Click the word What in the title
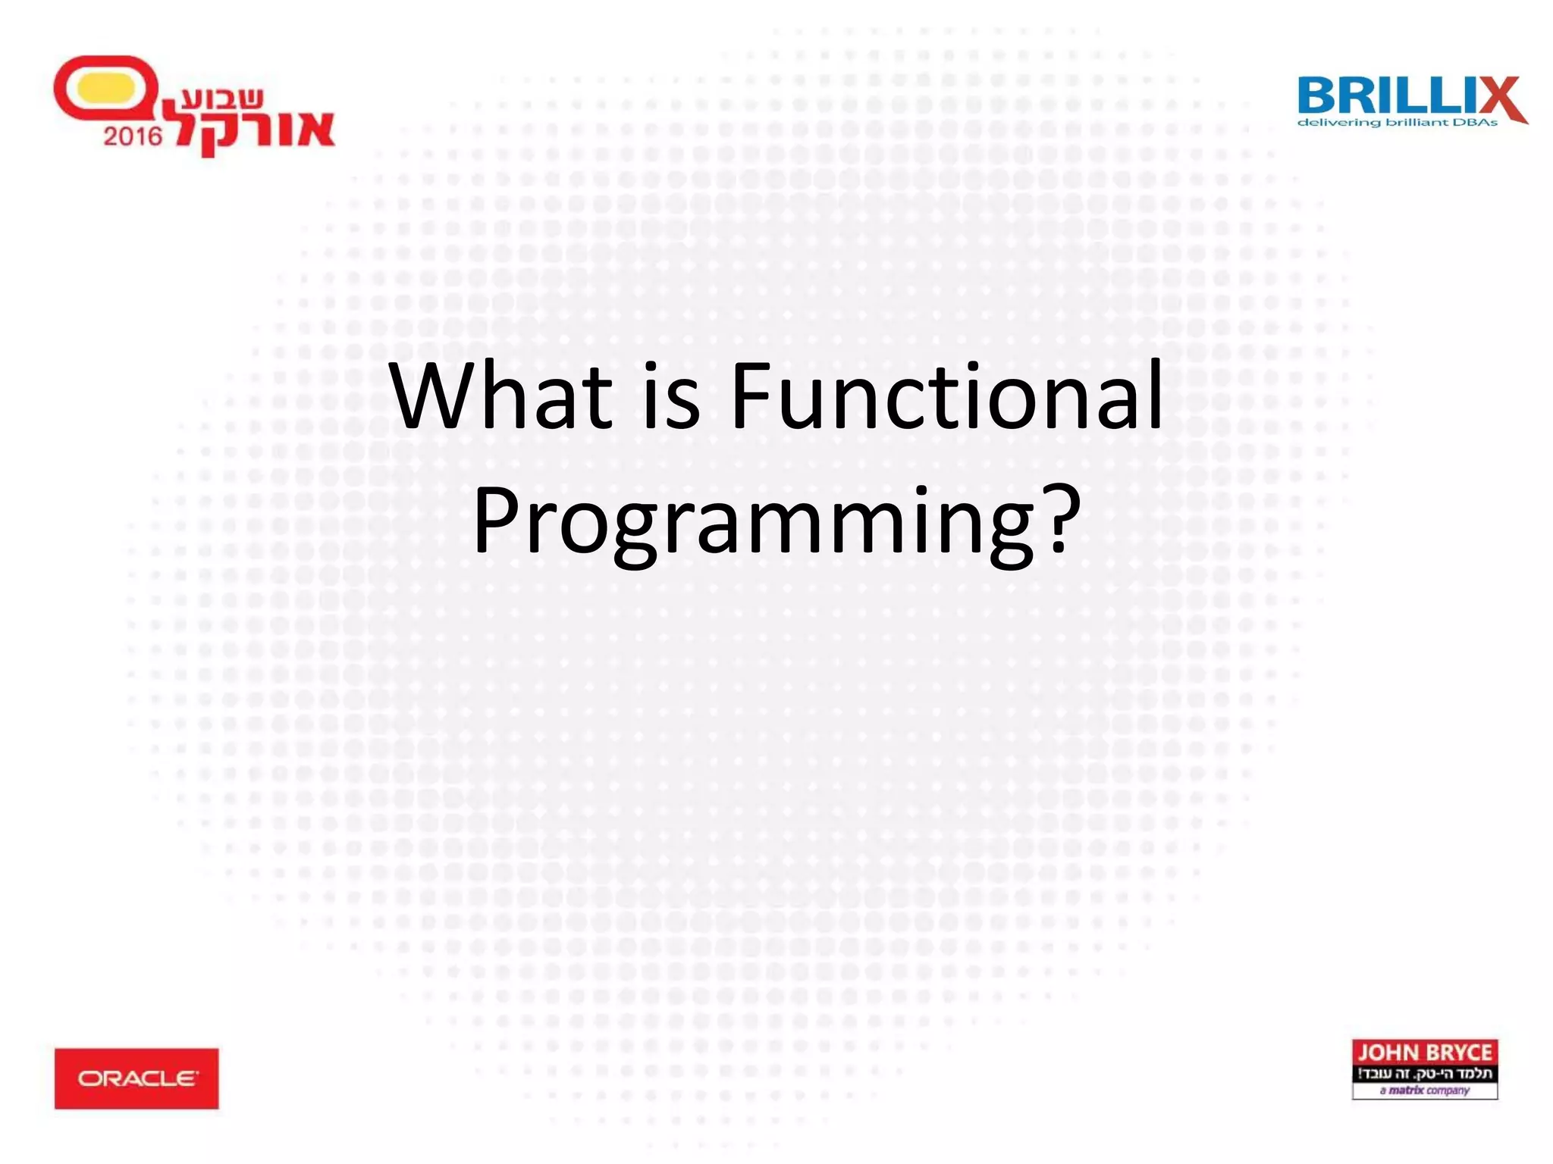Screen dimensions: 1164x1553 click(500, 396)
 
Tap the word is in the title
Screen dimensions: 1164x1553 click(671, 396)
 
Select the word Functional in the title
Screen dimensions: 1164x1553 click(946, 396)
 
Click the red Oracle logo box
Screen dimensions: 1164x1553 click(136, 1078)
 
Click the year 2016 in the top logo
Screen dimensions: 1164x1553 click(133, 136)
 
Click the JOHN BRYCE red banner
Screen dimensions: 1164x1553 click(1424, 1052)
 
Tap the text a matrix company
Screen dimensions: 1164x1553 click(1424, 1090)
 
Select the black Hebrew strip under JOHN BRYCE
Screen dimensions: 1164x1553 click(1424, 1073)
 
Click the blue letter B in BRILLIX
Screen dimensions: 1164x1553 click(1319, 96)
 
